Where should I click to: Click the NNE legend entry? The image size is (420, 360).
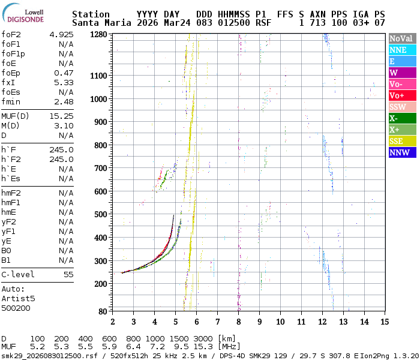click(401, 50)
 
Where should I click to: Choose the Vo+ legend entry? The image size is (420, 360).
click(401, 96)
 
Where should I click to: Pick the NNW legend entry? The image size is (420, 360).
click(401, 153)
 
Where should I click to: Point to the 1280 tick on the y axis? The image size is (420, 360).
click(98, 35)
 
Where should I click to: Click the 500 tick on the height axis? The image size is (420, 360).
click(101, 214)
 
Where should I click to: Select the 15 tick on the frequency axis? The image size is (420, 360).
click(385, 322)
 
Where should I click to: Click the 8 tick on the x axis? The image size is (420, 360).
click(239, 322)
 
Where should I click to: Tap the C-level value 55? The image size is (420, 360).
click(68, 274)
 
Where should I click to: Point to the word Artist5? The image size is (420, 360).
click(18, 298)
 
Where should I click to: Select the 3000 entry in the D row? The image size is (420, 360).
click(203, 339)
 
